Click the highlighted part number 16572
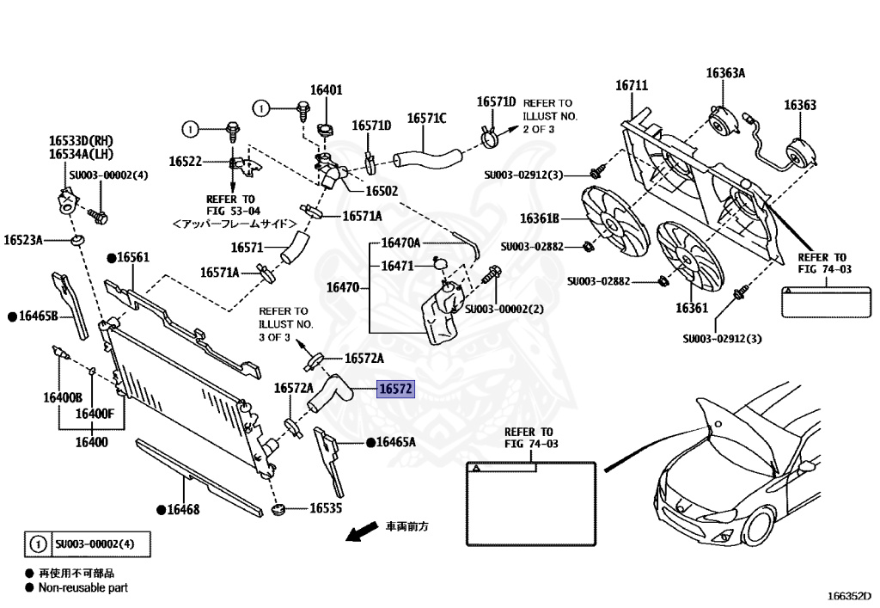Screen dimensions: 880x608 [x=395, y=389]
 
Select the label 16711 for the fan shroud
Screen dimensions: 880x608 [x=632, y=85]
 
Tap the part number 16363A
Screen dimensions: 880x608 [x=725, y=73]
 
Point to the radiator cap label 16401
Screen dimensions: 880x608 [x=326, y=89]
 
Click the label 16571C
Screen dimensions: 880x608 [x=426, y=119]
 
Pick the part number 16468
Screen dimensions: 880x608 [x=183, y=509]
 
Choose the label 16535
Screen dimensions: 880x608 [x=326, y=508]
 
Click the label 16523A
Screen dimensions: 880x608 [x=23, y=240]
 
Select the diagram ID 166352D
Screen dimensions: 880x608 [x=850, y=596]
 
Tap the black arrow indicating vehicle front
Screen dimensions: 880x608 [x=362, y=531]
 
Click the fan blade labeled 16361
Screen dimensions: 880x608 [x=690, y=256]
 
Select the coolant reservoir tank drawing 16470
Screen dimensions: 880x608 [x=443, y=315]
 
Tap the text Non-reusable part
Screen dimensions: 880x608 [x=83, y=587]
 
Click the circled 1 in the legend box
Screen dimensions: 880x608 [x=38, y=544]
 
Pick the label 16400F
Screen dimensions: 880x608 [x=95, y=414]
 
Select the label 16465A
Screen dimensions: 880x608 [x=395, y=442]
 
